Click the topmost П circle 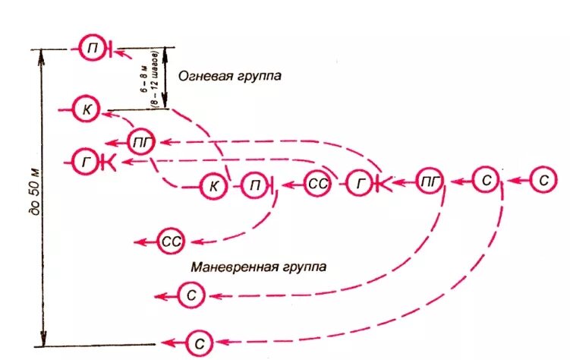(93, 48)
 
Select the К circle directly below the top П (87, 110)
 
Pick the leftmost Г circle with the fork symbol (87, 161)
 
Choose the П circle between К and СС (254, 184)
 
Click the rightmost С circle (543, 181)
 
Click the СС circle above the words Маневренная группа (171, 242)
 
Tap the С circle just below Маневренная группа (191, 294)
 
